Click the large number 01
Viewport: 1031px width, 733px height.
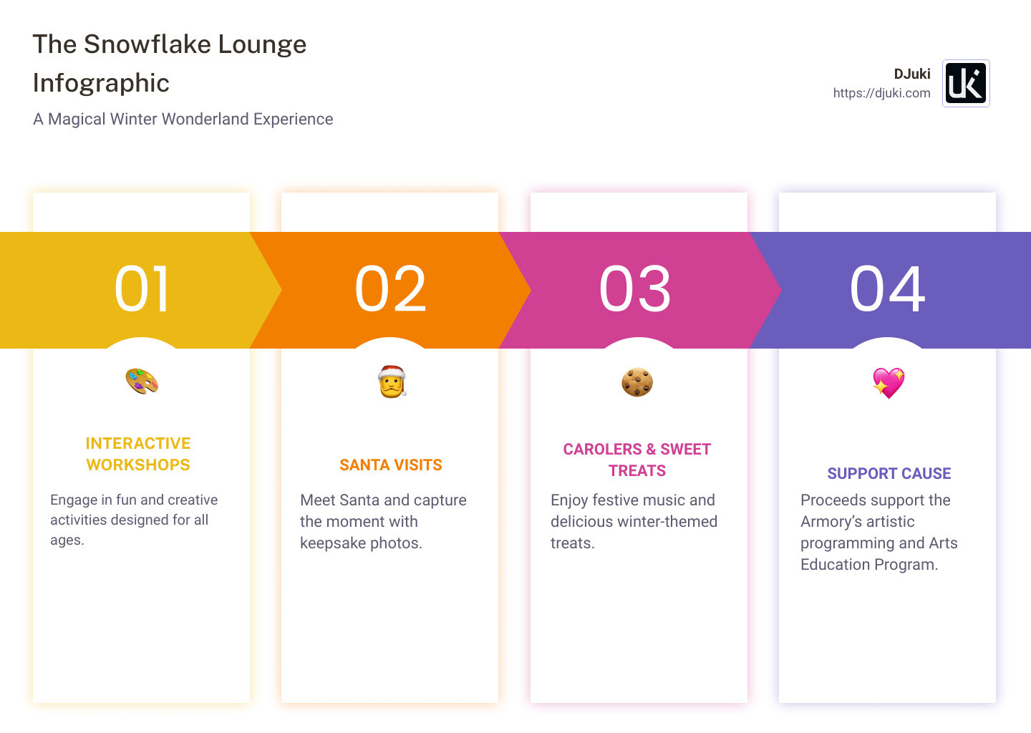142,289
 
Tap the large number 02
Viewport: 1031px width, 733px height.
390,289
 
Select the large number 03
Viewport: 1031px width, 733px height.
635,289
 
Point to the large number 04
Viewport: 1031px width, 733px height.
887,289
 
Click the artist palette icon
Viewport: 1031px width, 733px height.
142,382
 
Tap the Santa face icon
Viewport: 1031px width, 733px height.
392,382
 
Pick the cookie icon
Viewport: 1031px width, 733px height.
637,382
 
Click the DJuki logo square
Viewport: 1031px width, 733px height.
966,83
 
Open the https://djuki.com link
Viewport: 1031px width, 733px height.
881,93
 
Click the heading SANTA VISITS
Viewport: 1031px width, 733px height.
391,465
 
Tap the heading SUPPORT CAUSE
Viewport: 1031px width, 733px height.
889,474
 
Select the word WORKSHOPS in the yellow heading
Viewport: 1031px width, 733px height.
138,465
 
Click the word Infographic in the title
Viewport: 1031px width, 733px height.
101,83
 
